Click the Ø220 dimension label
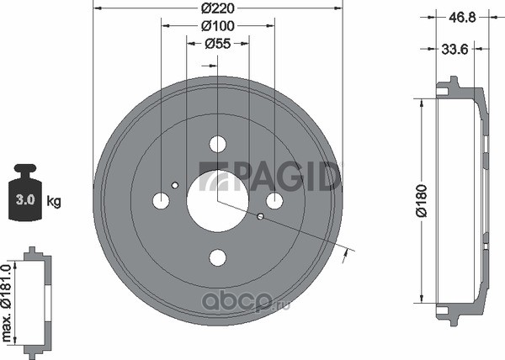point(218,8)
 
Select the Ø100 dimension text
point(218,26)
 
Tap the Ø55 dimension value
point(218,44)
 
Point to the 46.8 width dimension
point(462,18)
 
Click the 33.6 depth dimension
point(454,50)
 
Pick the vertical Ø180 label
point(422,201)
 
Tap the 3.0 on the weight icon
point(25,200)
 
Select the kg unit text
point(54,201)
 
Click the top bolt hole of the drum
point(218,144)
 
